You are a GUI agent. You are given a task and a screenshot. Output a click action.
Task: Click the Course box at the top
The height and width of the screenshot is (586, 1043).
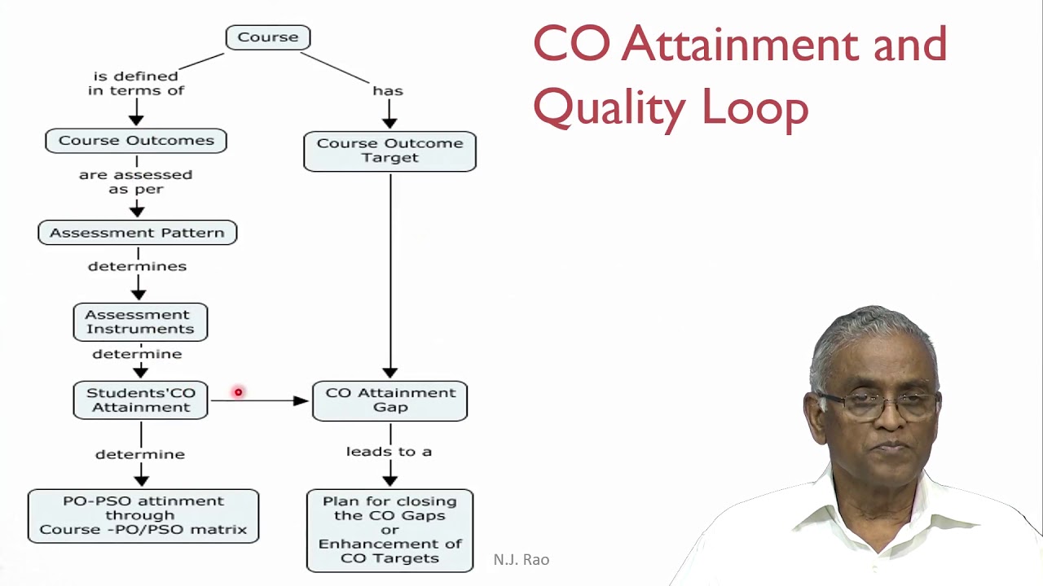pos(267,37)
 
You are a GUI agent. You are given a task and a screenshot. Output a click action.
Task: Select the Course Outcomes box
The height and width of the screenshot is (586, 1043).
pos(136,141)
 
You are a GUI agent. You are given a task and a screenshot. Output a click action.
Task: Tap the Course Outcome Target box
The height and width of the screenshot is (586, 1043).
pos(389,151)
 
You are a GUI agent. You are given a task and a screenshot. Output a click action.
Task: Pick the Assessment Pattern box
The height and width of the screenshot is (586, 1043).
pos(137,233)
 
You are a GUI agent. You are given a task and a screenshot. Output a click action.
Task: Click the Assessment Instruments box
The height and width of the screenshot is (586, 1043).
pos(140,321)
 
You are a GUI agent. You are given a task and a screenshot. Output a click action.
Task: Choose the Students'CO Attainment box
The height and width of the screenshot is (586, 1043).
pos(140,400)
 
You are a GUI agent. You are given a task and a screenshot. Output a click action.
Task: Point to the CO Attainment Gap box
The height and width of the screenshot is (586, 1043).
pos(389,400)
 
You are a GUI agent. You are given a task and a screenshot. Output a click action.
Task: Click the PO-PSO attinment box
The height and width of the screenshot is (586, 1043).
pos(143,515)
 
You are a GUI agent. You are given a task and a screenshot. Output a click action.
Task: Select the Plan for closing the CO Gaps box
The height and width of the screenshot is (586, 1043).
pos(389,530)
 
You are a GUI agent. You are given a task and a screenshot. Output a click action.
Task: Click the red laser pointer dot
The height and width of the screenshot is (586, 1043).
pos(238,393)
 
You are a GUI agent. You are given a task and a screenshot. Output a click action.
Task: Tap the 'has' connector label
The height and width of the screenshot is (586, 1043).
pos(388,91)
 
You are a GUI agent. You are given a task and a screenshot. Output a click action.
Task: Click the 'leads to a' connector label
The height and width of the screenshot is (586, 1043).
pos(389,451)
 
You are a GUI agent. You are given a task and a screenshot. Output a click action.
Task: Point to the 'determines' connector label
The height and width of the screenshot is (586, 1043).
pos(137,266)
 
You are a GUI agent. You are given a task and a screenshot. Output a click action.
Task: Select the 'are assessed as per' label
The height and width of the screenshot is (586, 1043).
pos(136,181)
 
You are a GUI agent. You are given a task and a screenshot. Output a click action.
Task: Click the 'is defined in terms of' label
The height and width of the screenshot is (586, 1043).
pos(136,83)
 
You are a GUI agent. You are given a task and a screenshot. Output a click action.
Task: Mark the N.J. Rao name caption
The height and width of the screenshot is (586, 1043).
pos(521,560)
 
